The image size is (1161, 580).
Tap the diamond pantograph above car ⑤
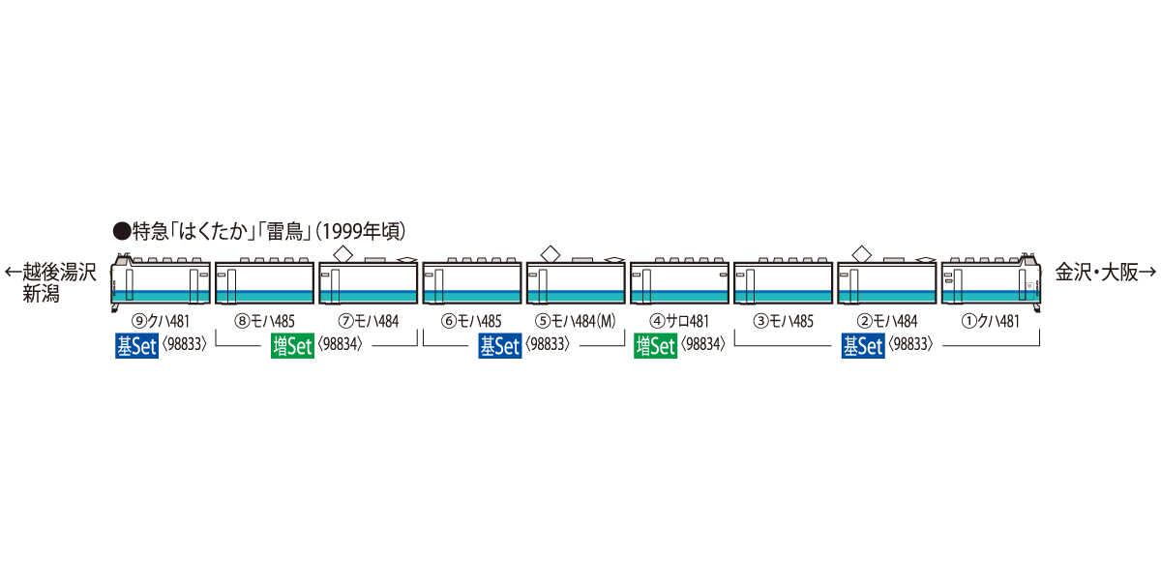pyautogui.click(x=550, y=252)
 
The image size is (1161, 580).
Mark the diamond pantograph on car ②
pyautogui.click(x=860, y=252)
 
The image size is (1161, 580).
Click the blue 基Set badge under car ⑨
pyautogui.click(x=135, y=347)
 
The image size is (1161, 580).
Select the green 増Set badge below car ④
pyautogui.click(x=655, y=347)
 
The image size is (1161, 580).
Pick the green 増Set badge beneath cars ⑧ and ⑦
pyautogui.click(x=291, y=347)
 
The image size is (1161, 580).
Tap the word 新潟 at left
pyautogui.click(x=42, y=294)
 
